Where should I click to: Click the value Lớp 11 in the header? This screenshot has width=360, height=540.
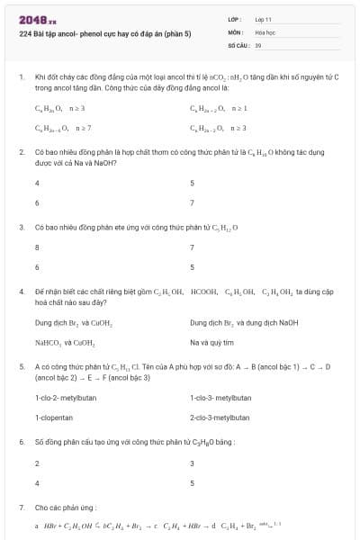263,18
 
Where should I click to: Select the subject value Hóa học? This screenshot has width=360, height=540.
265,31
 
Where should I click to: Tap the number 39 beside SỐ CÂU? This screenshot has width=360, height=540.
258,44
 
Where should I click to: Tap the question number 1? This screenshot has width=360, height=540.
21,77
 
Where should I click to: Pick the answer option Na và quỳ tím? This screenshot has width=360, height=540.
211,342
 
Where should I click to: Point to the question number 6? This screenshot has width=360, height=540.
21,442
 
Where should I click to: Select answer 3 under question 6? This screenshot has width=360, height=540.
192,463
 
